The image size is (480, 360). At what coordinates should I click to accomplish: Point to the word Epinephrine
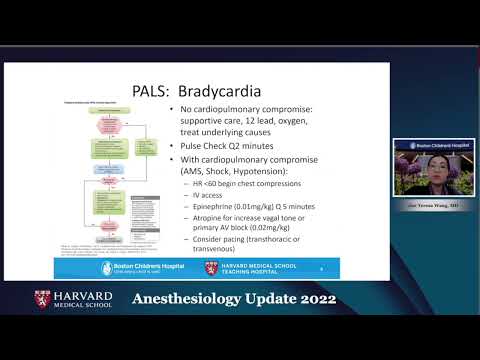pyautogui.click(x=219, y=208)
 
